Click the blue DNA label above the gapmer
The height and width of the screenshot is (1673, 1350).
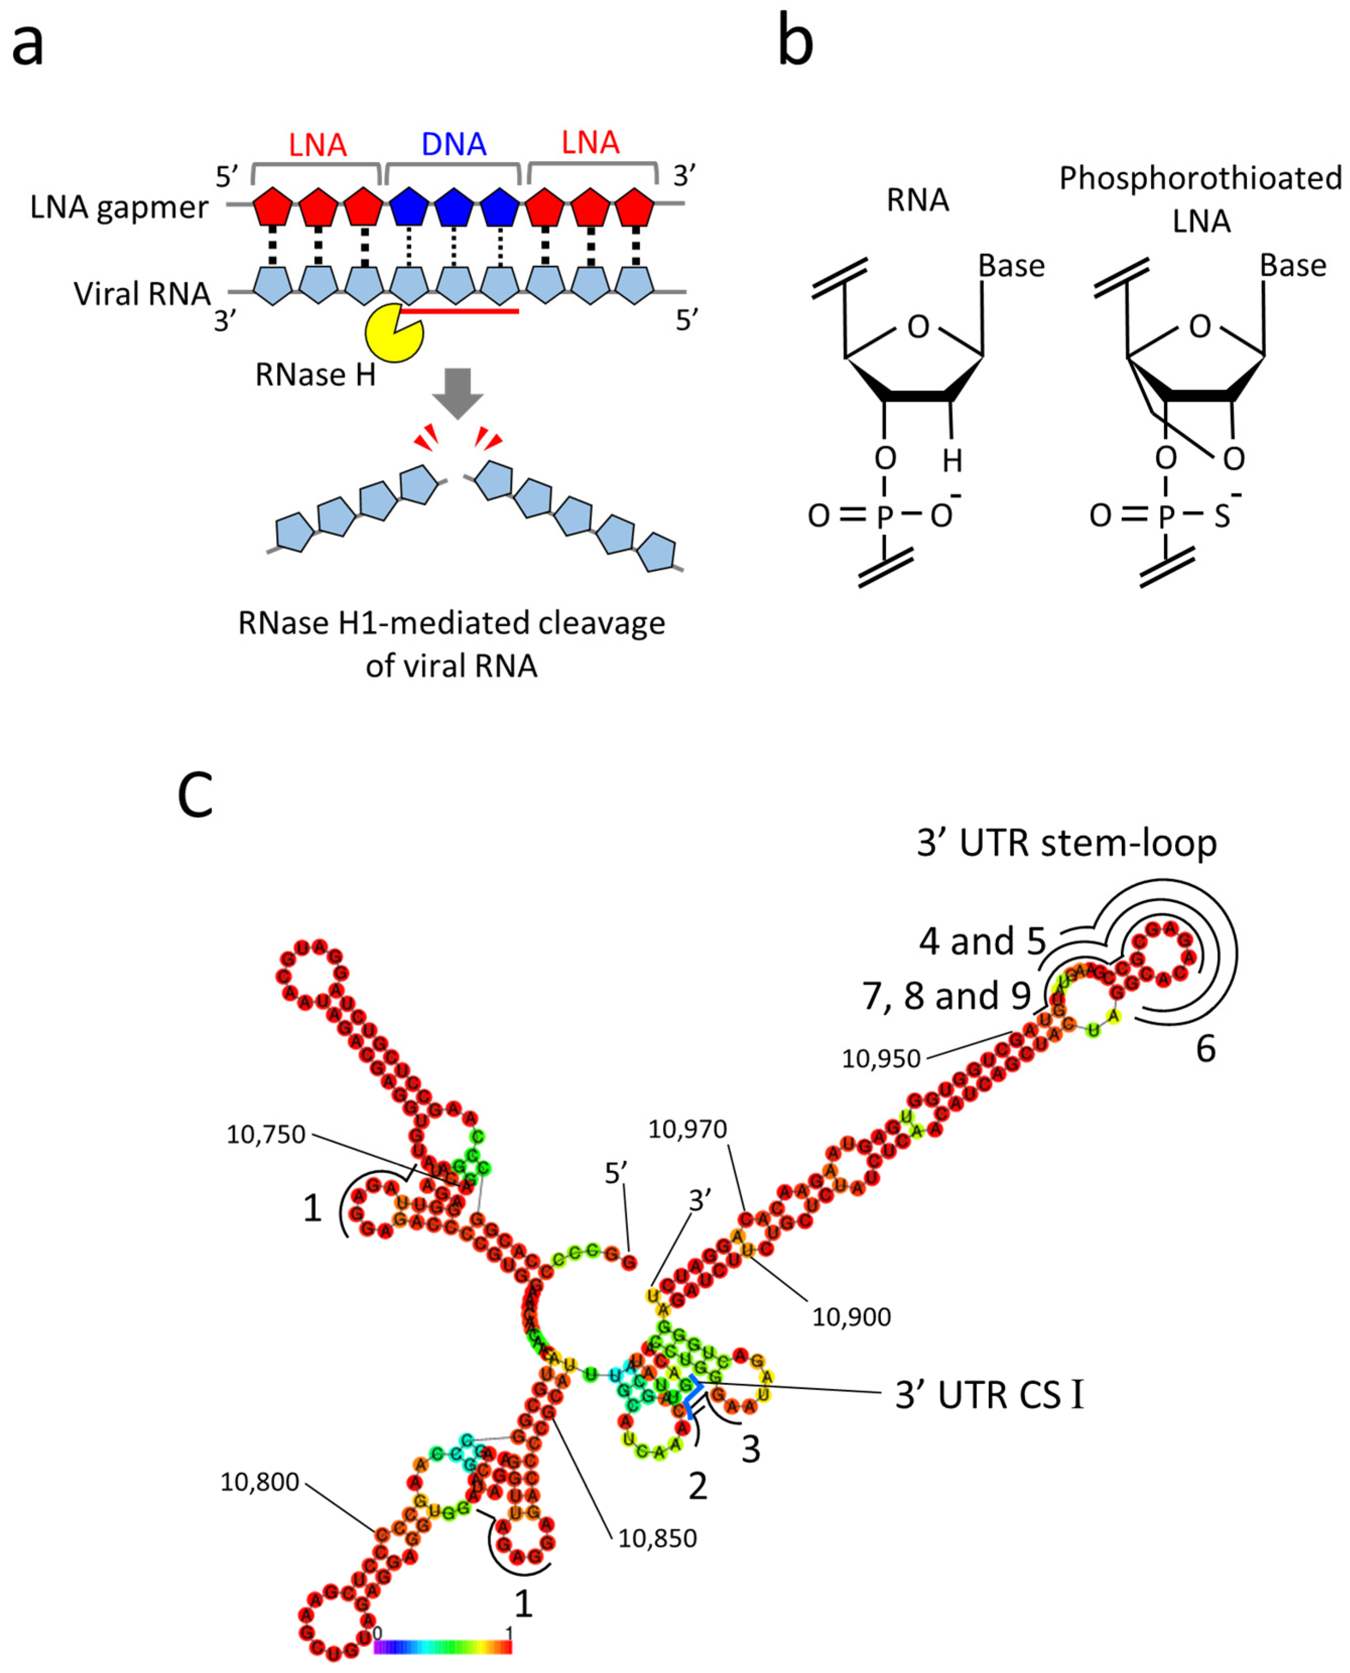pos(453,145)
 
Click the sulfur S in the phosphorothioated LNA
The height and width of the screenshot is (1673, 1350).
pos(1222,516)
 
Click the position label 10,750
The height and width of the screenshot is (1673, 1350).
pos(266,1135)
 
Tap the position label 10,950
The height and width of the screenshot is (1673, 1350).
pos(881,1058)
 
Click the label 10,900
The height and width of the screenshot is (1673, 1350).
pos(851,1317)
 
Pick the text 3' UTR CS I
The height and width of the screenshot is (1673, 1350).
pos(989,1395)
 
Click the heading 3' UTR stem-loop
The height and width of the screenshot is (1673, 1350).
pos(1066,843)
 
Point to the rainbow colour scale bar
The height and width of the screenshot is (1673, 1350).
pos(442,1647)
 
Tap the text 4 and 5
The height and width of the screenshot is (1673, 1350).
pos(982,942)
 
